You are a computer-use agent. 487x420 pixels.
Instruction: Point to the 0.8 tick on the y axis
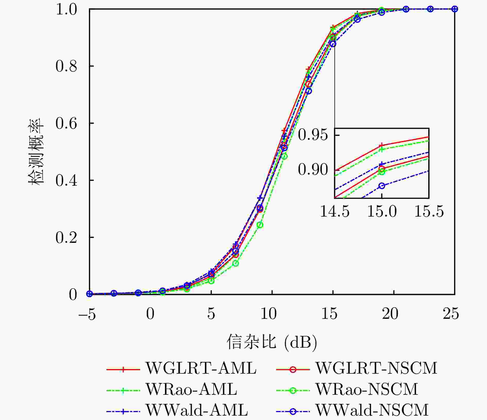(66, 66)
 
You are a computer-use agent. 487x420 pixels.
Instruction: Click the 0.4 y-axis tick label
(66, 180)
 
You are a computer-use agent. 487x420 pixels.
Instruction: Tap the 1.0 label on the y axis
(66, 10)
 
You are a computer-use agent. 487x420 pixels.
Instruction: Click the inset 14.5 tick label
(335, 212)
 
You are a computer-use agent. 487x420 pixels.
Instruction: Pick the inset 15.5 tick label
(429, 212)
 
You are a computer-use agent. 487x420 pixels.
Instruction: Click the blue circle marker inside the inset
(382, 186)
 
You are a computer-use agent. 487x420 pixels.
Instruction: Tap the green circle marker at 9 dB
(260, 225)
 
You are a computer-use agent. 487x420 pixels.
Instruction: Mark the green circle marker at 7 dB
(236, 263)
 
